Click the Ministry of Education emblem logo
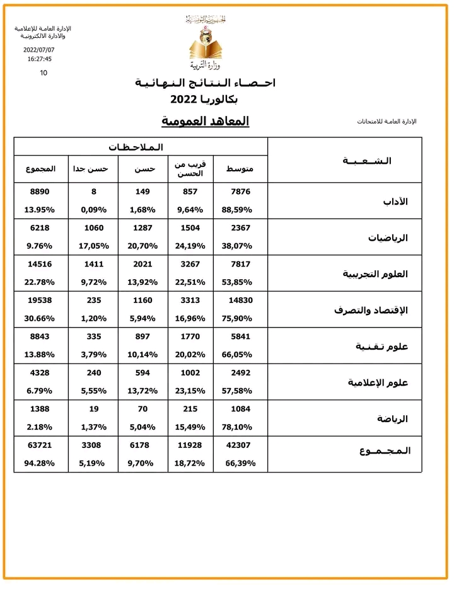206,43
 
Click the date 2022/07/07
39,49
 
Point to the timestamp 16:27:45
39,59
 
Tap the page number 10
44,72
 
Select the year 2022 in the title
186,100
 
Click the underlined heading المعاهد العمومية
206,120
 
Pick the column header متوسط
240,169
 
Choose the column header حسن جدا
93,169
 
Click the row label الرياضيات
388,238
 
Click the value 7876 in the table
240,192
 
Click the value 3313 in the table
190,301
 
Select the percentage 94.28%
40,463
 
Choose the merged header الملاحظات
135,147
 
